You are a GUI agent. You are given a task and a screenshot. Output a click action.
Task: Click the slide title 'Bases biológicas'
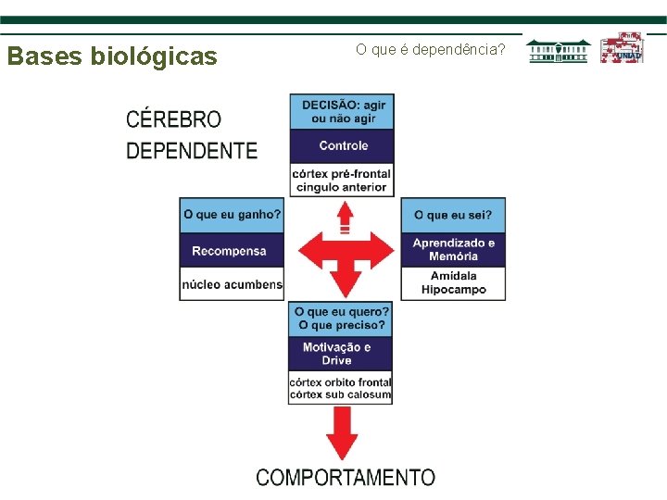[x=112, y=56]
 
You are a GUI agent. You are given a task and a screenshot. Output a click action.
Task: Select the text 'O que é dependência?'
[x=431, y=48]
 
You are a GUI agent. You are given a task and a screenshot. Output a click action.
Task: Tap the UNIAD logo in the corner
[x=621, y=48]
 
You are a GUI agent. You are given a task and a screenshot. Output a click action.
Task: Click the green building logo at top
[x=560, y=51]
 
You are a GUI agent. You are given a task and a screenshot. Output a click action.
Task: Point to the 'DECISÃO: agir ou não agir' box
[x=343, y=111]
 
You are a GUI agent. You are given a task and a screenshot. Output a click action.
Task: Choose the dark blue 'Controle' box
[x=343, y=145]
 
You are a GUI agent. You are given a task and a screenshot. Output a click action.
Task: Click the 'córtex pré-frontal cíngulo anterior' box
[x=342, y=180]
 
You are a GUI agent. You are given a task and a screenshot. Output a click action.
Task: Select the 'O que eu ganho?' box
[x=232, y=215]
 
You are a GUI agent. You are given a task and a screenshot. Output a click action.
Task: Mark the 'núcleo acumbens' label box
[x=231, y=284]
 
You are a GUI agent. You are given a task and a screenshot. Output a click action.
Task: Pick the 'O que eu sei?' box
[x=453, y=215]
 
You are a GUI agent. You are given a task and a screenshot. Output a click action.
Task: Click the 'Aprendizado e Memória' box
[x=453, y=249]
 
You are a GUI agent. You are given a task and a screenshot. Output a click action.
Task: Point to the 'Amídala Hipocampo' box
[x=453, y=282]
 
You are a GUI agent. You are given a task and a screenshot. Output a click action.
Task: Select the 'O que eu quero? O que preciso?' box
[x=343, y=319]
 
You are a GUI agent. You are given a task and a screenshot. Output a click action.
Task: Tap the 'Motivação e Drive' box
[x=341, y=354]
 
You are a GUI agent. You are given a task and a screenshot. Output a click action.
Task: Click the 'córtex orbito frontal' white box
[x=341, y=388]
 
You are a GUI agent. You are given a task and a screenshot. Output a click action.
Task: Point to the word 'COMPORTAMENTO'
[x=345, y=477]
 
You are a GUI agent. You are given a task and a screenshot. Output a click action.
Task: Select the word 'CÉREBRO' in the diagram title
[x=173, y=119]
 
